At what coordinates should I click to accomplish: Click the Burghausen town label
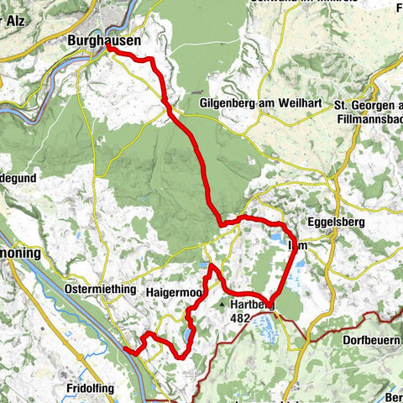pyautogui.click(x=104, y=39)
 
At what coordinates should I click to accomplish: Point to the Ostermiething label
pyautogui.click(x=99, y=289)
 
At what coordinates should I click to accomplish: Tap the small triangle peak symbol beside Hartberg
pyautogui.click(x=223, y=305)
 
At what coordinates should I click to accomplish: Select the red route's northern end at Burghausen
pyautogui.click(x=109, y=48)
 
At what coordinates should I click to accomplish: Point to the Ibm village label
pyautogui.click(x=296, y=246)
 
